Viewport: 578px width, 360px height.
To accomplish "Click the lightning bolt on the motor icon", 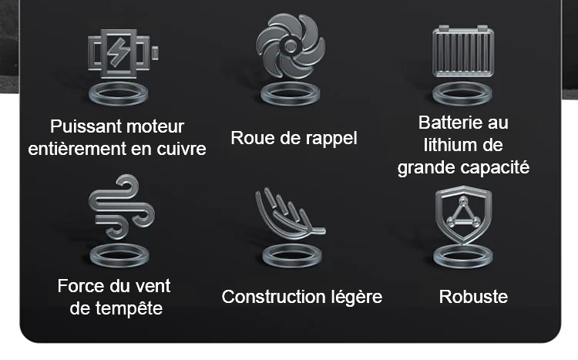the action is (119, 52).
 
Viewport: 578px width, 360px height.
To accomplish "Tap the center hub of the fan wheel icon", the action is (290, 46).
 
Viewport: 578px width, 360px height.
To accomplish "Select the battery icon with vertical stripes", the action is (463, 52).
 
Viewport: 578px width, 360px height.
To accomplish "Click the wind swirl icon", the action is (122, 207).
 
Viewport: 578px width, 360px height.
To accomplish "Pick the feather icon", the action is (290, 214).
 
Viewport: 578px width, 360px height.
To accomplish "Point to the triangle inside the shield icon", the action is (463, 213).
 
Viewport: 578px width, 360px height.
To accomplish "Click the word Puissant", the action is (76, 127).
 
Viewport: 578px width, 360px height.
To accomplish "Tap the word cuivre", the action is (181, 149).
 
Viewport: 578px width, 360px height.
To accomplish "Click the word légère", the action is (357, 298).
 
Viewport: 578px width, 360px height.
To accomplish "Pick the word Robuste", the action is (473, 297).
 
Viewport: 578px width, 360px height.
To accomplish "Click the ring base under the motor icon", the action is (119, 94).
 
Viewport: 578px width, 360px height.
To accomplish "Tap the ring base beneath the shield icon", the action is (463, 256).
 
